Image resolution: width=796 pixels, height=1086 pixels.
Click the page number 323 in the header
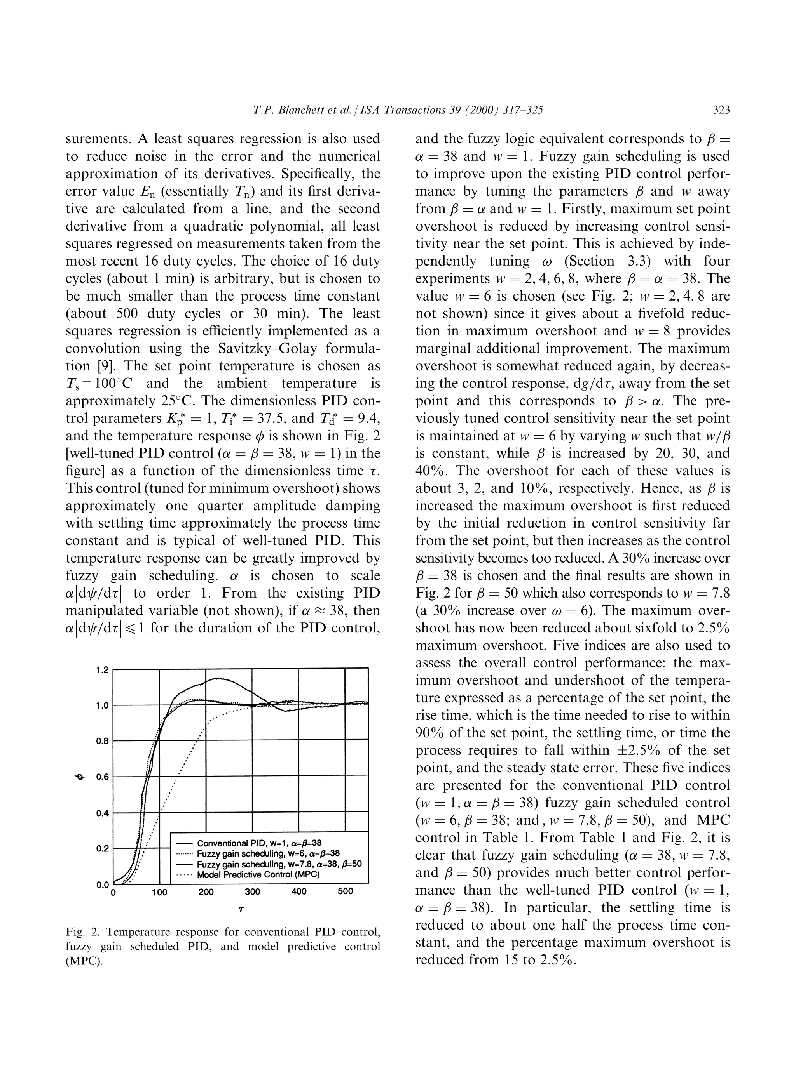tap(721, 110)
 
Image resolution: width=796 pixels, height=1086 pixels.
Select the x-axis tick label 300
tap(252, 891)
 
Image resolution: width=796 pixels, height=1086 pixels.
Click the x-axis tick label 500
tap(346, 891)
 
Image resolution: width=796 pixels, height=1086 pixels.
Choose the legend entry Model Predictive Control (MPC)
tap(259, 875)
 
